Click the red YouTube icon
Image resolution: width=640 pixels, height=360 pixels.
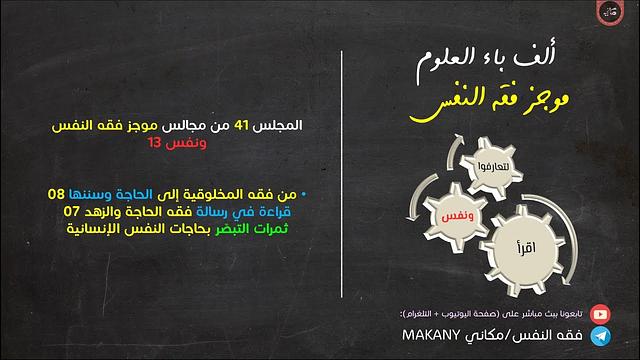pyautogui.click(x=599, y=313)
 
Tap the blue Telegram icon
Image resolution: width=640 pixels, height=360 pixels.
pyautogui.click(x=599, y=337)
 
